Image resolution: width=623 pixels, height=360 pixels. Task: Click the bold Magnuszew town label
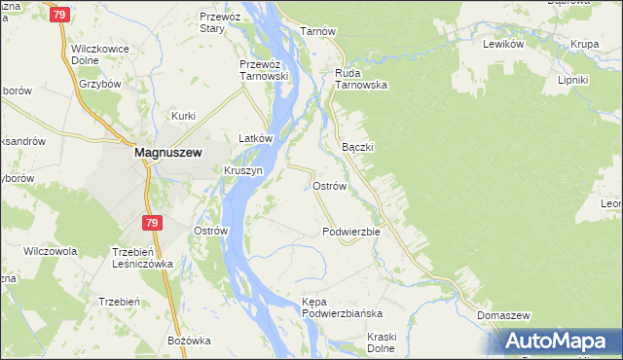(x=167, y=153)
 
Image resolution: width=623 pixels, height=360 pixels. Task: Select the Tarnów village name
(x=317, y=31)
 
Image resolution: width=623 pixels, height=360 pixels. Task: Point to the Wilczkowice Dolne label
(x=100, y=54)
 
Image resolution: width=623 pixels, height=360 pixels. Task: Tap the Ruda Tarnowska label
(x=361, y=79)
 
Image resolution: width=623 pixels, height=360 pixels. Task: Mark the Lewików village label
(x=504, y=45)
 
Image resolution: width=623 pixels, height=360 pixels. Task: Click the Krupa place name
(x=584, y=45)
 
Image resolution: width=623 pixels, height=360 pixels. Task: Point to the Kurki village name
(x=184, y=116)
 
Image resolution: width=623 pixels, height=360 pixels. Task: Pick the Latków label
(x=247, y=139)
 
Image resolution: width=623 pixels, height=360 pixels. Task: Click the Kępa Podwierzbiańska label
(x=341, y=308)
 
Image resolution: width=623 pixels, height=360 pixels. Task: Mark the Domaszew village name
(x=503, y=316)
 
